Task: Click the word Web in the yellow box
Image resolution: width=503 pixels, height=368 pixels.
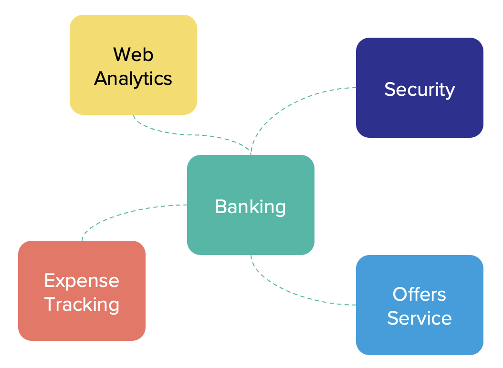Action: pyautogui.click(x=133, y=54)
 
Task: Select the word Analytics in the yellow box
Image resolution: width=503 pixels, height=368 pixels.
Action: pyautogui.click(x=133, y=78)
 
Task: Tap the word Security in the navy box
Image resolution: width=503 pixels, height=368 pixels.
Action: pyautogui.click(x=419, y=89)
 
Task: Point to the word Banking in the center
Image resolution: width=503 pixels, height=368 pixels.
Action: pyautogui.click(x=251, y=206)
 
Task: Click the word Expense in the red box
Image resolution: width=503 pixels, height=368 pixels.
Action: pyautogui.click(x=82, y=280)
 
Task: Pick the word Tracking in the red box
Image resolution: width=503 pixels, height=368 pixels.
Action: pyautogui.click(x=82, y=304)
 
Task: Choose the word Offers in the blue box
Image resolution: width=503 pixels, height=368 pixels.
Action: pyautogui.click(x=419, y=294)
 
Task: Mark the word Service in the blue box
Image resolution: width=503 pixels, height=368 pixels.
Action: pyautogui.click(x=419, y=318)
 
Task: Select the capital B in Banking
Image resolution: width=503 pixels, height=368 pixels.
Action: pyautogui.click(x=220, y=206)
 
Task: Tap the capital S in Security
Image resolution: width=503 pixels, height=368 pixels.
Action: pyautogui.click(x=390, y=89)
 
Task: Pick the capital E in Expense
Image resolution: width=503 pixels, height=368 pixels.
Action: pyautogui.click(x=49, y=280)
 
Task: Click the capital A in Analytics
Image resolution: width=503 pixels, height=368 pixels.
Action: pyautogui.click(x=101, y=78)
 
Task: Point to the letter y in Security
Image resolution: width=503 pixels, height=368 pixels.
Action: pyautogui.click(x=450, y=92)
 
